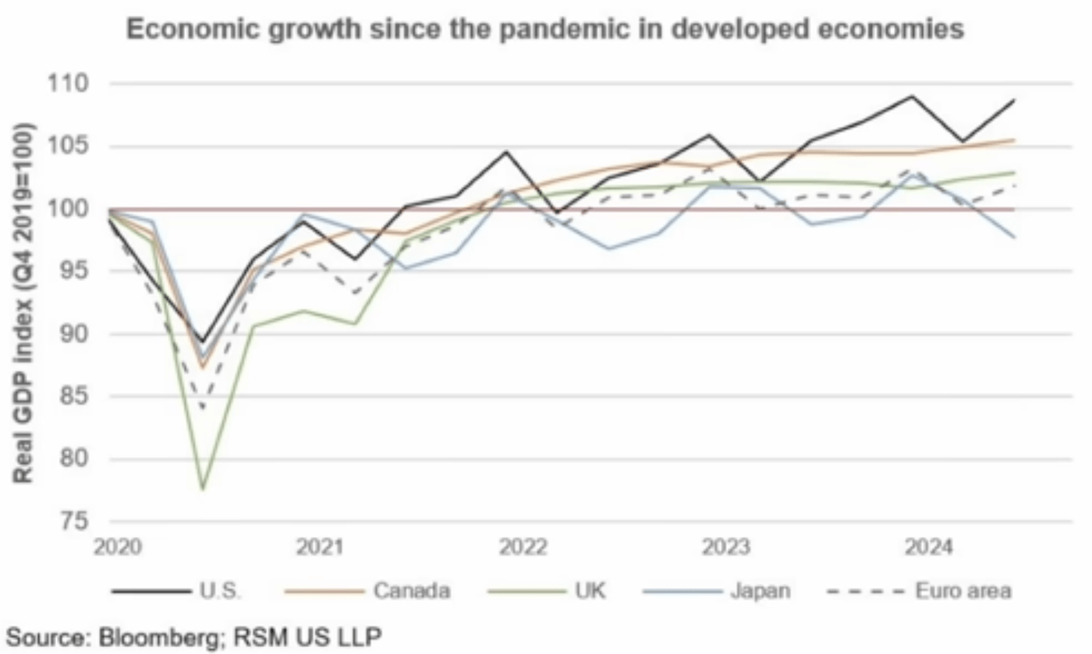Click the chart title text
[546, 30]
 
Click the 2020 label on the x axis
[115, 548]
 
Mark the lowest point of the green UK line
[202, 490]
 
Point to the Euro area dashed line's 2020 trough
[202, 408]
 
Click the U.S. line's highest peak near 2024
[912, 97]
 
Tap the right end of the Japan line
[1014, 237]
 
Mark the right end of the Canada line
[1014, 140]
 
